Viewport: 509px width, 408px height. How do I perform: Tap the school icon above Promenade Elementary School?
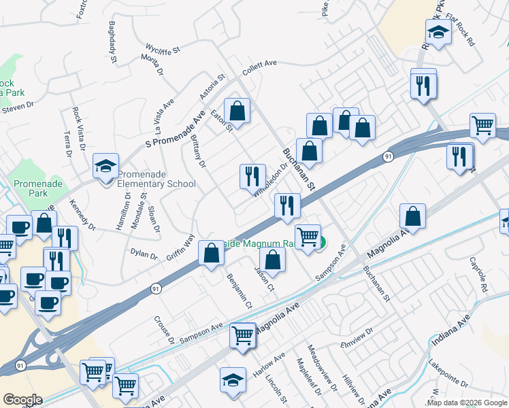(105, 166)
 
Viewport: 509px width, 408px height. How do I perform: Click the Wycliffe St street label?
(162, 49)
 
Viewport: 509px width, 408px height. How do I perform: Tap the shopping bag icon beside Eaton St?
(237, 110)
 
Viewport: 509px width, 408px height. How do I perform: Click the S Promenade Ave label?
(176, 131)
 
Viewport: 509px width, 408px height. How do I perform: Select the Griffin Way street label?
(181, 248)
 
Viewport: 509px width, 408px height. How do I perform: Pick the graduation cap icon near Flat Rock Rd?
(438, 31)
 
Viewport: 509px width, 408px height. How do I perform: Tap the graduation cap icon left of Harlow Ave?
(233, 379)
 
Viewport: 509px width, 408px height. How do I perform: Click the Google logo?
(22, 400)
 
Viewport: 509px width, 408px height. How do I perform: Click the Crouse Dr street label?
(165, 329)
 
